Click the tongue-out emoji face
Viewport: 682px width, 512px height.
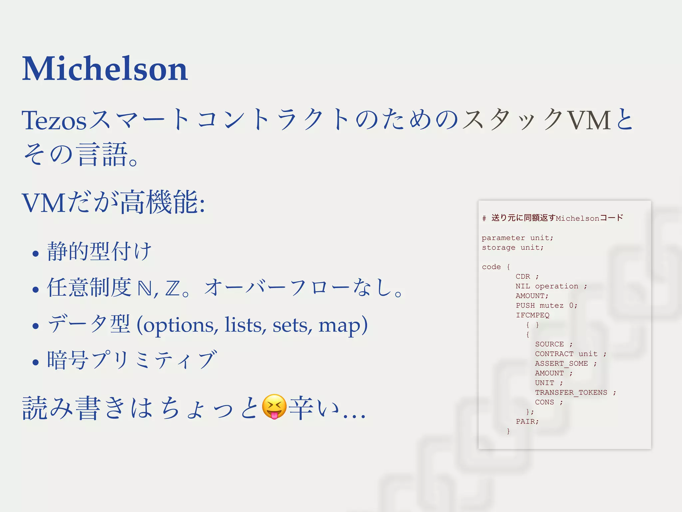[x=274, y=407]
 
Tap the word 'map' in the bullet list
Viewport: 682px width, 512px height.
[x=340, y=325]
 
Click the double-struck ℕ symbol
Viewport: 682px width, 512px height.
[x=145, y=289]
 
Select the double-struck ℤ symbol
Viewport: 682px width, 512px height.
[x=172, y=289]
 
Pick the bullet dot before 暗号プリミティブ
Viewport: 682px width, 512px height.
[x=36, y=362]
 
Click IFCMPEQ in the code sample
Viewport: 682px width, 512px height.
[x=532, y=315]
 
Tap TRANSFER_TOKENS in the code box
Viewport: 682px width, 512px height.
[x=571, y=392]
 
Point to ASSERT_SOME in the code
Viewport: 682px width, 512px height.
[x=561, y=363]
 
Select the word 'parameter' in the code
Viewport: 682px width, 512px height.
[x=503, y=238]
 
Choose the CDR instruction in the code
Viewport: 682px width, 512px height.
[x=523, y=276]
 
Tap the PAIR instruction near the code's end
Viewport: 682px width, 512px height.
[x=526, y=421]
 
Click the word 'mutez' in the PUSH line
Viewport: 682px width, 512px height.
[x=551, y=305]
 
